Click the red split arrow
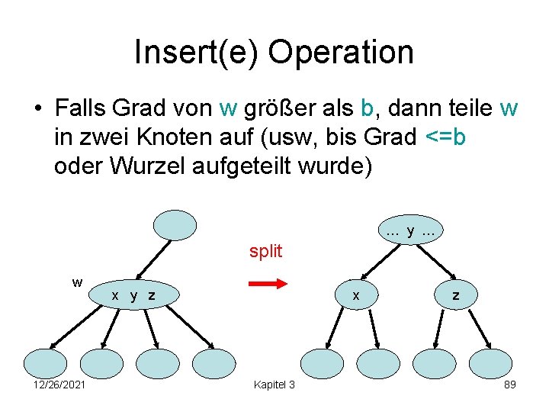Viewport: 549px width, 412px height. click(266, 284)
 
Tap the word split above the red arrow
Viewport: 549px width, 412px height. click(265, 251)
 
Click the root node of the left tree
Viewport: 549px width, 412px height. click(175, 224)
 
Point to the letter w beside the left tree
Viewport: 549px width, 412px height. click(77, 282)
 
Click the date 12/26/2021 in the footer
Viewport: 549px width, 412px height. click(59, 385)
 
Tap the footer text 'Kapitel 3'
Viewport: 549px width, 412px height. click(274, 385)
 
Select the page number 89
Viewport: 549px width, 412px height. click(510, 385)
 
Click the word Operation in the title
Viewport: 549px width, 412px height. click(341, 52)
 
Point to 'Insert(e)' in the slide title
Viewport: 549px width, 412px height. click(197, 52)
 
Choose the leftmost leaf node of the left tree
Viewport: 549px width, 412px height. click(46, 364)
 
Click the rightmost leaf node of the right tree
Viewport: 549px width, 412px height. click(490, 364)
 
